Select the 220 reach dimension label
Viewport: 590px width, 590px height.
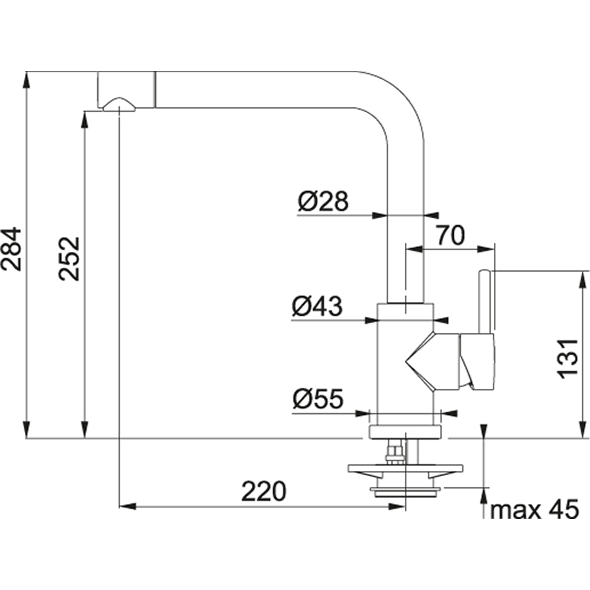(x=263, y=491)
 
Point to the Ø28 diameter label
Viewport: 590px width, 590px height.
(x=323, y=202)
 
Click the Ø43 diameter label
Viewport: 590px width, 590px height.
(x=317, y=306)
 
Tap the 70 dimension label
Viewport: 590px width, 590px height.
(x=451, y=235)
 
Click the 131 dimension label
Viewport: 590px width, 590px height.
(x=566, y=359)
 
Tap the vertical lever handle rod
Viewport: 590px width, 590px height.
(x=485, y=301)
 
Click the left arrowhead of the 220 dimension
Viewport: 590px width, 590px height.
(x=126, y=506)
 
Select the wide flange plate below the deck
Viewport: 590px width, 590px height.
(x=405, y=471)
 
